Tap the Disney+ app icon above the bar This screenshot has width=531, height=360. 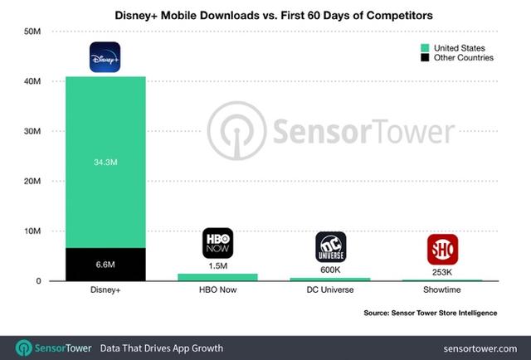point(105,57)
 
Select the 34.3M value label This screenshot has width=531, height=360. point(105,163)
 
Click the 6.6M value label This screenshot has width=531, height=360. point(105,264)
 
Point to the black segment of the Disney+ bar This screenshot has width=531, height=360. point(105,265)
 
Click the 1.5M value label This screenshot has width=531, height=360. point(217,265)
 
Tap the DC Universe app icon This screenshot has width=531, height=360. point(330,246)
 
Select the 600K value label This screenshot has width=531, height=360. point(330,270)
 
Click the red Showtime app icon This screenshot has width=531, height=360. point(442,249)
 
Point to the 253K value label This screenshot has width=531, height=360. point(442,272)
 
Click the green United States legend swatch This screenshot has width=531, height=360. point(425,48)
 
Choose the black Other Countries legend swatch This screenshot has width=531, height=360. point(425,58)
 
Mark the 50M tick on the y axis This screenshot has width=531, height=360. point(32,32)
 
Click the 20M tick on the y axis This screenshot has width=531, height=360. point(32,182)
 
